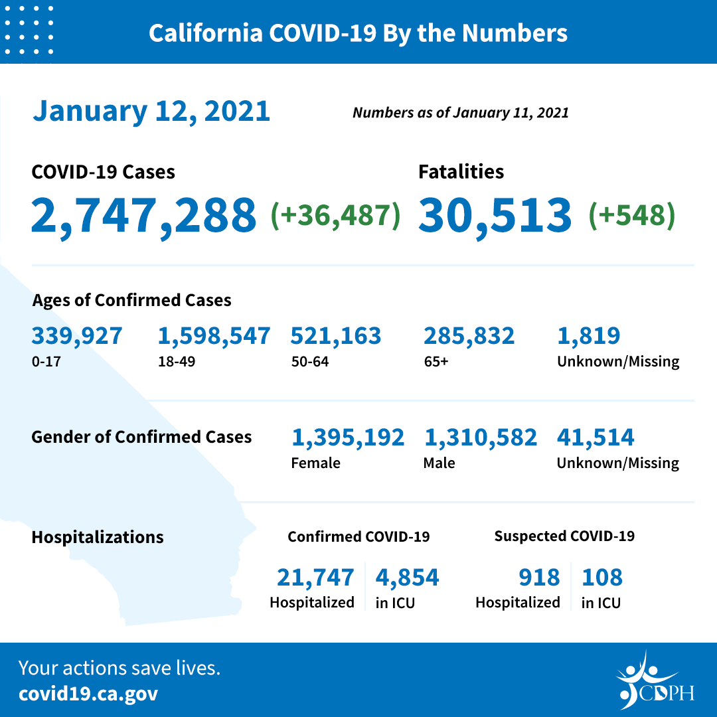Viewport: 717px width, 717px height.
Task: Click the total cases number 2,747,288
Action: point(143,215)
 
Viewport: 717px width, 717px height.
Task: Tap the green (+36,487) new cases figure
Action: point(335,215)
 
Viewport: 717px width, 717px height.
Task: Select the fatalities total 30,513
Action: point(495,215)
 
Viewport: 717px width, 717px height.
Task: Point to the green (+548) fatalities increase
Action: point(631,215)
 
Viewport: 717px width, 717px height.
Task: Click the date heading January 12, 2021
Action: point(151,111)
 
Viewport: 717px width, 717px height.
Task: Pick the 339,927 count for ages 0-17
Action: point(77,336)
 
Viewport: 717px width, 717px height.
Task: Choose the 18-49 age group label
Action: point(172,362)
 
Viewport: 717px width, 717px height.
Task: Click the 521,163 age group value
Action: point(336,336)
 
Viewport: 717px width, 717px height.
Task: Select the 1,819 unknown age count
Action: point(589,336)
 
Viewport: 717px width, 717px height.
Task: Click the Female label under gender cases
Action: point(315,463)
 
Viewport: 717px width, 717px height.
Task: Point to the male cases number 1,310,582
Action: point(480,438)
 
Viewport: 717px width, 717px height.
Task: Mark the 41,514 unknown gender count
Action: point(596,438)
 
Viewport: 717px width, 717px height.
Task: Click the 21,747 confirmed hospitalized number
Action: point(315,578)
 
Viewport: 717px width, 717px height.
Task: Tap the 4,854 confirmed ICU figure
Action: point(407,578)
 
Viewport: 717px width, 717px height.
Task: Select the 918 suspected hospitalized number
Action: point(539,578)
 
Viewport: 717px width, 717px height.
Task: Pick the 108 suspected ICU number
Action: point(602,578)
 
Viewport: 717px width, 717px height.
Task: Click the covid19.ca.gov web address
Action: point(88,694)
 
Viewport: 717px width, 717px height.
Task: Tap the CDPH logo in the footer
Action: point(654,680)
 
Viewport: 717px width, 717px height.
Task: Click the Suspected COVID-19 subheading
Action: point(564,536)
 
